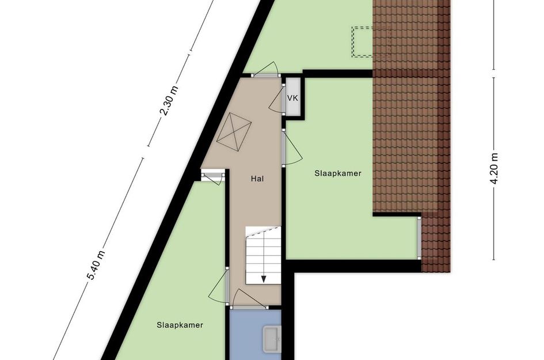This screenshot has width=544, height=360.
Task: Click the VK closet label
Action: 292,98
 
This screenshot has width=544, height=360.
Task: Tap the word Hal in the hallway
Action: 257,179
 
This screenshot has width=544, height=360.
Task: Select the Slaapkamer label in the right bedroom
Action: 338,173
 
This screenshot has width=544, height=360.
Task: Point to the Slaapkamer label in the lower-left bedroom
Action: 180,325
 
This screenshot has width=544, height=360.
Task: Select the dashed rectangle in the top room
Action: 363,42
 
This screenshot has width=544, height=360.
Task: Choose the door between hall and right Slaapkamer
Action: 291,149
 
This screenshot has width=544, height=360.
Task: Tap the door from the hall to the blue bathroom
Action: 248,300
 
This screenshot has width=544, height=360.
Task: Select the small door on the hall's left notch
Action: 214,176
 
